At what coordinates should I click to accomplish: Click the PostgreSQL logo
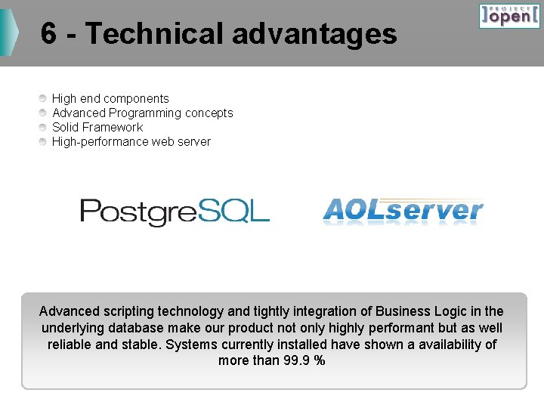point(175,212)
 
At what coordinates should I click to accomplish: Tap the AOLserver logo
point(403,210)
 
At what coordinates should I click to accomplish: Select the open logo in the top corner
point(509,16)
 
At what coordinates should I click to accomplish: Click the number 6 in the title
point(48,33)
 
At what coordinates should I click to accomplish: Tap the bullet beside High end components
point(44,98)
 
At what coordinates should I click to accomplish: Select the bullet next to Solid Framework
point(44,127)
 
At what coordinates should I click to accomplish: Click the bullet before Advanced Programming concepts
point(44,113)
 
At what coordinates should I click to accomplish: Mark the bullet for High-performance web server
point(44,141)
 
